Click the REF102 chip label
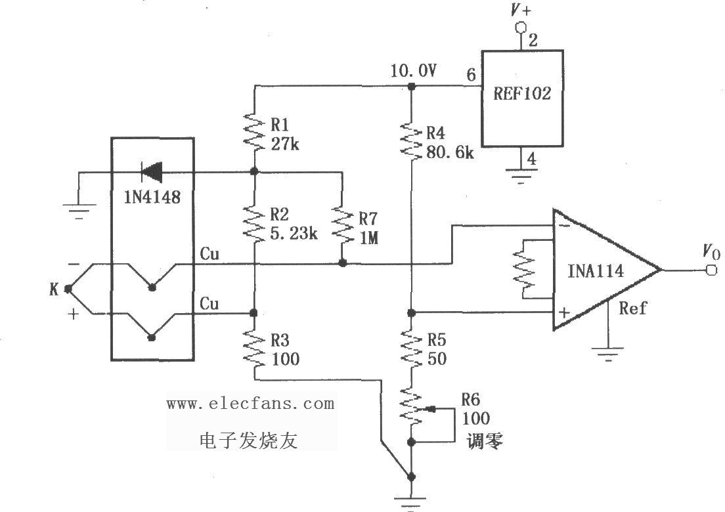pos(522,93)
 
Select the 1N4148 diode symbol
pos(152,173)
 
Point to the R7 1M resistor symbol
pos(342,224)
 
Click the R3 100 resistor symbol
pos(253,347)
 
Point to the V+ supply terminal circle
pos(521,28)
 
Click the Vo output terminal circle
pos(711,270)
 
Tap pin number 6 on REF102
pos(471,76)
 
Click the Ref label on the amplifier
pos(633,309)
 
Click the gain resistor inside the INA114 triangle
pos(526,269)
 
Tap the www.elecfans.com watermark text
pos(250,403)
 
